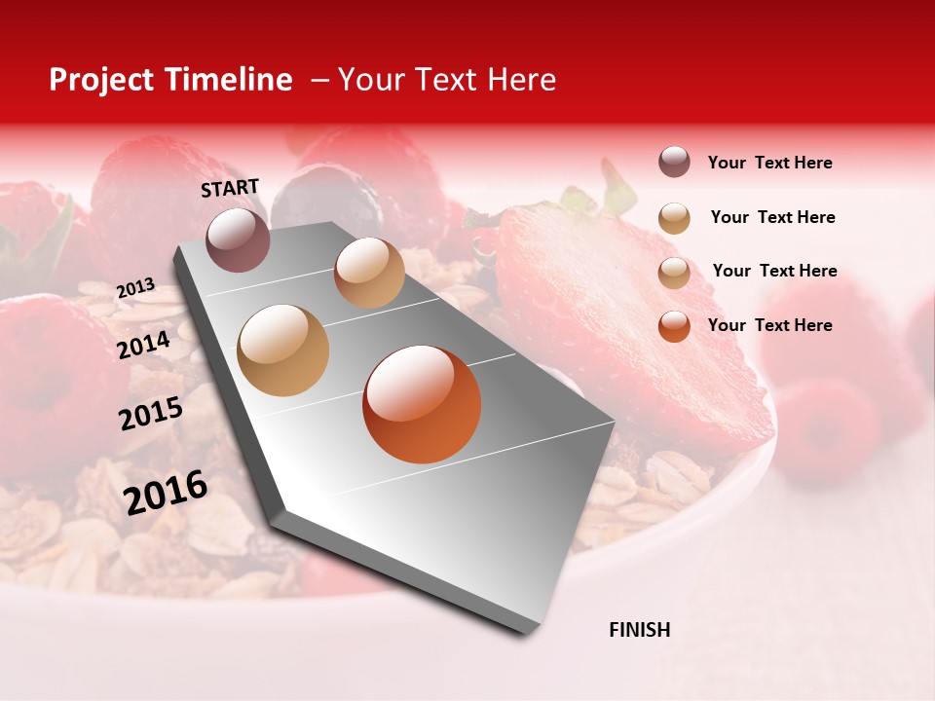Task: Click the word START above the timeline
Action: click(230, 188)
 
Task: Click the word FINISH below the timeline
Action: click(639, 630)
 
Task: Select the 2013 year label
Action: click(135, 288)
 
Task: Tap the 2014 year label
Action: click(143, 345)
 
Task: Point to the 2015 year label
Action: click(150, 414)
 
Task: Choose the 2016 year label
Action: click(166, 493)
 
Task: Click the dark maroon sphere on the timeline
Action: click(238, 240)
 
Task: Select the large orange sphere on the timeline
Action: click(422, 404)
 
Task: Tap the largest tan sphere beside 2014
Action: click(283, 350)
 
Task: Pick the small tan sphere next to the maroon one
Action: click(369, 273)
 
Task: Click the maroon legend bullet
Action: click(674, 163)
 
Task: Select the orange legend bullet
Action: click(674, 326)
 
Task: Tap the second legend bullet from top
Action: click(674, 218)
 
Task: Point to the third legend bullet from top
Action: click(674, 273)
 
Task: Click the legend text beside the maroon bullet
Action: click(769, 164)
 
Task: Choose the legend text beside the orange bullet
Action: click(769, 325)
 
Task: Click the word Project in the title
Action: click(101, 80)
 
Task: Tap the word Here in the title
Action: click(521, 80)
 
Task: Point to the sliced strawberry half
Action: click(633, 321)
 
